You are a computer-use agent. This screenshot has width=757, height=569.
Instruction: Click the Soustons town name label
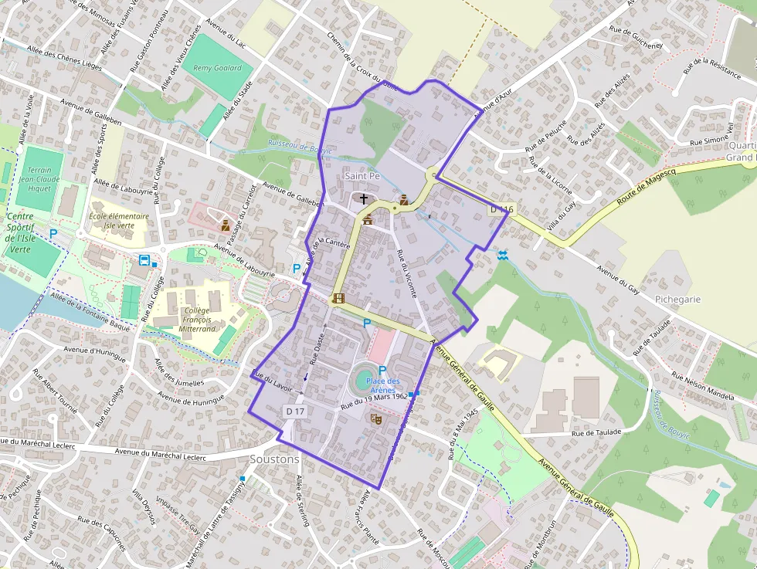pyautogui.click(x=274, y=459)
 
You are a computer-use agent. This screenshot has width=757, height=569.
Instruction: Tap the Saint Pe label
pyautogui.click(x=362, y=176)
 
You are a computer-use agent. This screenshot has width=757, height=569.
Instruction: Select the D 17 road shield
pyautogui.click(x=295, y=412)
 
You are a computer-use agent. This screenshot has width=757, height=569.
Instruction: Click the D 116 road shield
pyautogui.click(x=501, y=209)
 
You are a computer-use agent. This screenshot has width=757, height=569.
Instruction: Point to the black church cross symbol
pyautogui.click(x=364, y=199)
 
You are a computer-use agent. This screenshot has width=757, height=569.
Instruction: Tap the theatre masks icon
pyautogui.click(x=378, y=418)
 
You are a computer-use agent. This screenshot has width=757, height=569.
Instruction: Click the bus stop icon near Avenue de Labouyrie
pyautogui.click(x=144, y=259)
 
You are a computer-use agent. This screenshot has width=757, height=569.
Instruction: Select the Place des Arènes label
pyautogui.click(x=382, y=385)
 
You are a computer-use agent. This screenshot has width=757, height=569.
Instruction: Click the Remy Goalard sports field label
pyautogui.click(x=217, y=68)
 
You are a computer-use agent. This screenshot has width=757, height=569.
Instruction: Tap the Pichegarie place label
pyautogui.click(x=677, y=298)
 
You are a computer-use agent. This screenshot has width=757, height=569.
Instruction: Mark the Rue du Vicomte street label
pyautogui.click(x=406, y=273)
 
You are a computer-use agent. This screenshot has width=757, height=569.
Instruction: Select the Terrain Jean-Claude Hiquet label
pyautogui.click(x=39, y=178)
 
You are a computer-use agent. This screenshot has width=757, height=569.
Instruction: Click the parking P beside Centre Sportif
pyautogui.click(x=53, y=232)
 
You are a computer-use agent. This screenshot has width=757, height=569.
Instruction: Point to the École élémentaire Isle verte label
pyautogui.click(x=118, y=221)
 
